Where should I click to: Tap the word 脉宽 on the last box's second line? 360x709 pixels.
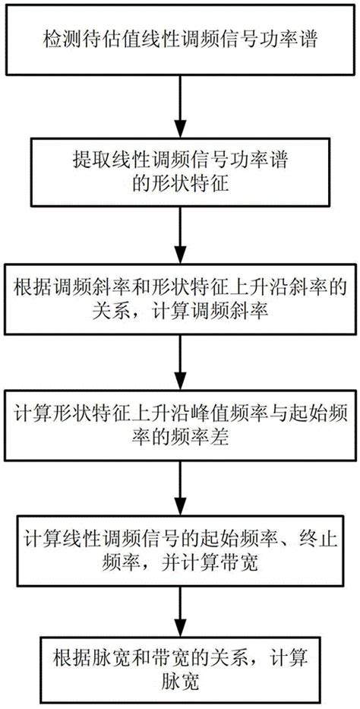tap(180, 682)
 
